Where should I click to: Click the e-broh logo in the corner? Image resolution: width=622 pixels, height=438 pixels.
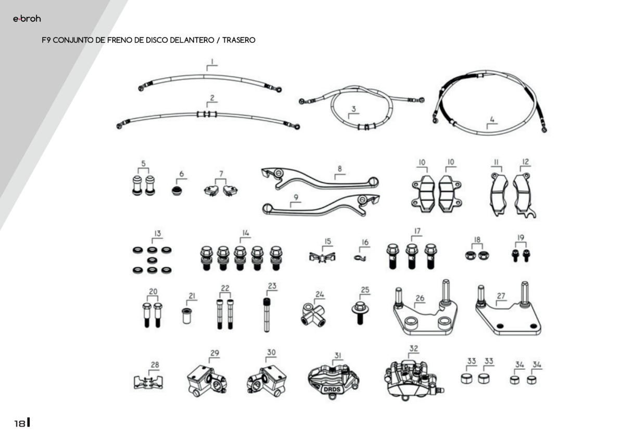pyautogui.click(x=27, y=19)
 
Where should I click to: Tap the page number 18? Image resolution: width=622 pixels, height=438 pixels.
pyautogui.click(x=19, y=423)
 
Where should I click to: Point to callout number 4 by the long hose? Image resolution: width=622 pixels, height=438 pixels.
pyautogui.click(x=492, y=119)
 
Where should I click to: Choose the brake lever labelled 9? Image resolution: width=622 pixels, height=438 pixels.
pyautogui.click(x=321, y=206)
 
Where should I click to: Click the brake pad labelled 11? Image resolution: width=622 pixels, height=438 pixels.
pyautogui.click(x=499, y=194)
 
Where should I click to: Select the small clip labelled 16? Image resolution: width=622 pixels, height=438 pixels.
pyautogui.click(x=360, y=258)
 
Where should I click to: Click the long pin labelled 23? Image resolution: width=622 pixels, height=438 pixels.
pyautogui.click(x=267, y=315)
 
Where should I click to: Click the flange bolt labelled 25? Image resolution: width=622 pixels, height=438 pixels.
pyautogui.click(x=360, y=312)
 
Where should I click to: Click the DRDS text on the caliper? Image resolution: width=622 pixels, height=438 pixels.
pyautogui.click(x=332, y=389)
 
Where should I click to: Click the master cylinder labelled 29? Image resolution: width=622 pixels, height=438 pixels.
pyautogui.click(x=207, y=381)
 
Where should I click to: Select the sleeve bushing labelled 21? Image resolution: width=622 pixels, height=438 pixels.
pyautogui.click(x=187, y=315)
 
